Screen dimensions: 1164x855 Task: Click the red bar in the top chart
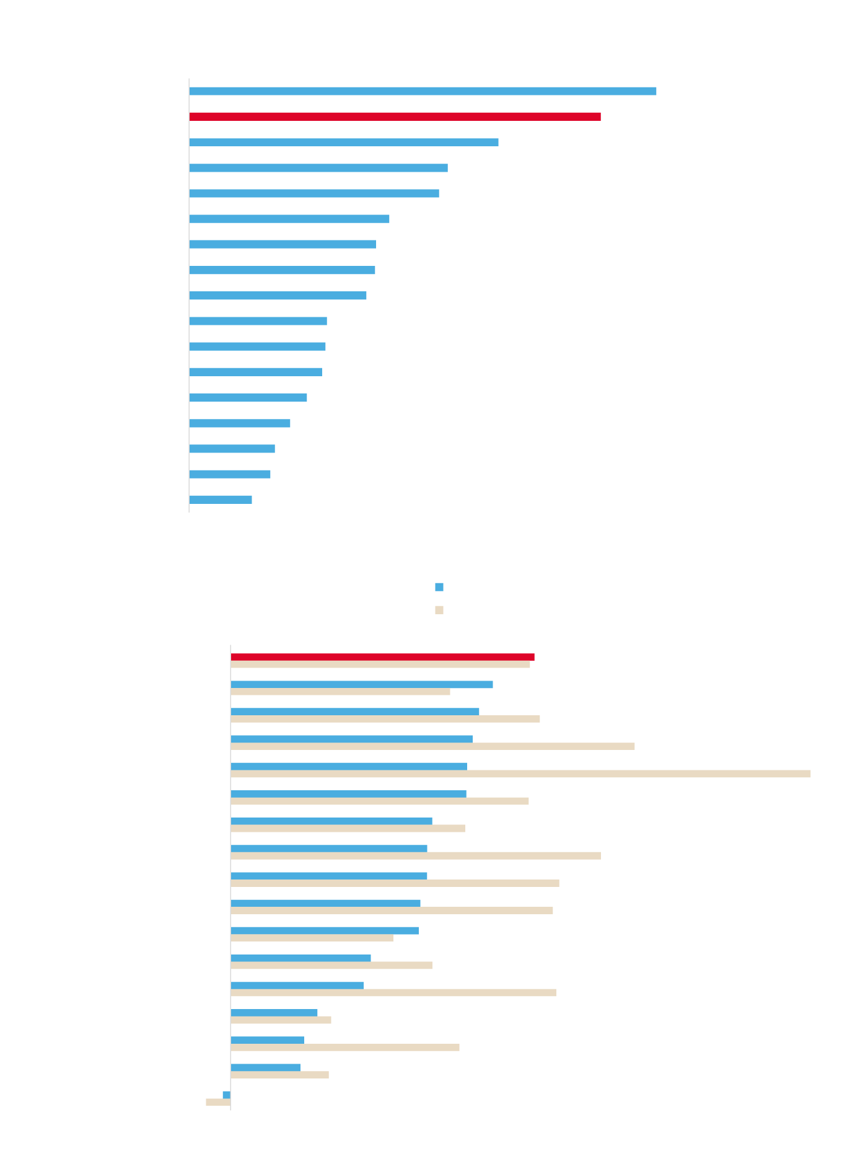tap(395, 117)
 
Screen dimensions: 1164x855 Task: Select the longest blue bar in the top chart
tap(423, 91)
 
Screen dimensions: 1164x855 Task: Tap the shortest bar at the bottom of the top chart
tap(221, 500)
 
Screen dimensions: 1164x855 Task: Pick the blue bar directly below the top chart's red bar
tap(344, 143)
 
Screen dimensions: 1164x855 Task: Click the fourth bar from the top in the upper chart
tap(318, 168)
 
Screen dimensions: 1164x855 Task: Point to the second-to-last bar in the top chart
tap(230, 474)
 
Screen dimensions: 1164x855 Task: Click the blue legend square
tap(439, 587)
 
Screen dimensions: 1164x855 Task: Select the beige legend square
tap(439, 610)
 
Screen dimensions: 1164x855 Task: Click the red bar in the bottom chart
tap(382, 657)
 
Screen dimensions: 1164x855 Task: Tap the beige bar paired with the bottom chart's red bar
tap(380, 664)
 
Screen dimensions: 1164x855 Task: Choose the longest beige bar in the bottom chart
tap(520, 774)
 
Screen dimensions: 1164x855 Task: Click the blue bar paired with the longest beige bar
tap(349, 767)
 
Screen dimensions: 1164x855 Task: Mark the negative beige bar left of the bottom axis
tap(218, 1102)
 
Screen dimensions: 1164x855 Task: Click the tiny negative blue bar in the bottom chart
tap(227, 1095)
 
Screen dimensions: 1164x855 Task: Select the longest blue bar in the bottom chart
tap(362, 684)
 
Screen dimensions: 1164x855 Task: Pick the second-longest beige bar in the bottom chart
tap(432, 746)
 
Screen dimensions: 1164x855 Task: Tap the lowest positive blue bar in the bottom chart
tap(266, 1067)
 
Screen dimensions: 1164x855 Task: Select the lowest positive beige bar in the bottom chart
tap(280, 1075)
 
